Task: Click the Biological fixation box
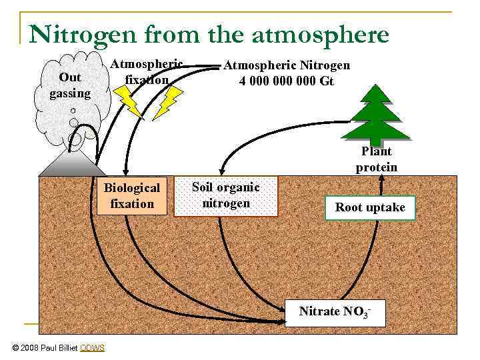pos(131,196)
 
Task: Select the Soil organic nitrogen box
pos(225,196)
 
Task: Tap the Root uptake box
pos(369,207)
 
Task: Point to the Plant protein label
pos(376,159)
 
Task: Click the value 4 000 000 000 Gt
pos(286,81)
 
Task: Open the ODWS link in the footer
pos(92,347)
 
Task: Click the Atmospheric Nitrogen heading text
pos(286,65)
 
